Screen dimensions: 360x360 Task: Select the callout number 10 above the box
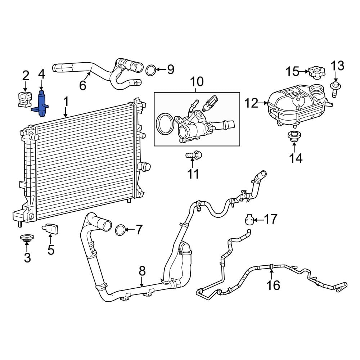(197, 82)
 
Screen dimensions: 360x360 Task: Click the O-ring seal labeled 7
(121, 229)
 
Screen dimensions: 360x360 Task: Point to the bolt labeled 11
(194, 156)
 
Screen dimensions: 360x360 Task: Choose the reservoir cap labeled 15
(316, 72)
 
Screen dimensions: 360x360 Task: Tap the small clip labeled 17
(249, 219)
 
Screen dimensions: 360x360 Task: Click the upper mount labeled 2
(24, 99)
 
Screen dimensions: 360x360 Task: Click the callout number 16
(273, 285)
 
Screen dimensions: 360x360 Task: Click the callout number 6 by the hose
(82, 86)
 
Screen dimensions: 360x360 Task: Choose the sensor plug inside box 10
(210, 103)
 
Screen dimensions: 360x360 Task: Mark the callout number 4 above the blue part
(41, 75)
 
